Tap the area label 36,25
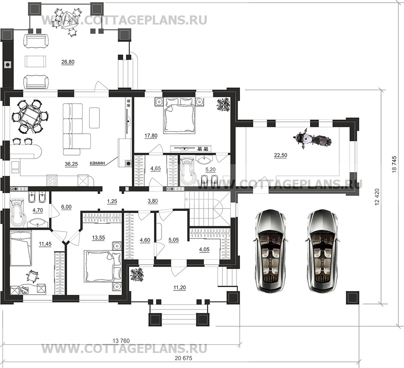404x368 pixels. [x=71, y=164]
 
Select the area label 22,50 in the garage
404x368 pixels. [x=280, y=155]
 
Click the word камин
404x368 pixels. [x=98, y=163]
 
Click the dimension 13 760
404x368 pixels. [x=121, y=340]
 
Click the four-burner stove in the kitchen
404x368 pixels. [x=52, y=180]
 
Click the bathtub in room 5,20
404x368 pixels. [x=188, y=172]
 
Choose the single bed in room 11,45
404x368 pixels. [x=21, y=248]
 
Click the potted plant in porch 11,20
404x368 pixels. [x=137, y=275]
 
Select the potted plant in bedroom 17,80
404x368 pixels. [x=223, y=104]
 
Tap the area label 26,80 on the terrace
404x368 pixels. [x=68, y=62]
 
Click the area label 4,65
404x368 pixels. [x=155, y=169]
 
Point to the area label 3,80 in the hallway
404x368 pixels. [x=153, y=201]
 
